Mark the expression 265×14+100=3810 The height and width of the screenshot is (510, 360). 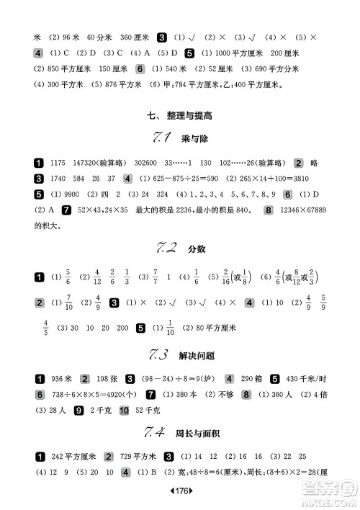point(275,179)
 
